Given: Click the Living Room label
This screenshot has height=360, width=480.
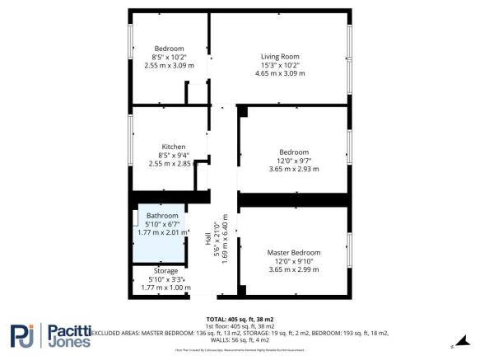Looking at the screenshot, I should (280, 56).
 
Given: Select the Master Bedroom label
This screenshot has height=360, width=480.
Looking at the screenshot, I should (294, 252).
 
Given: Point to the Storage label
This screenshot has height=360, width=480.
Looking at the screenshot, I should (165, 271).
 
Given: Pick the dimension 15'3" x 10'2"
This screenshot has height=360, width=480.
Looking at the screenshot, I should (280, 64).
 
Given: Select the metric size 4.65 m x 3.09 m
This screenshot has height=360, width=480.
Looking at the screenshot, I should (280, 73).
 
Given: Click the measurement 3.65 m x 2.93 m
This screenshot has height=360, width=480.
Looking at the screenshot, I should (294, 169).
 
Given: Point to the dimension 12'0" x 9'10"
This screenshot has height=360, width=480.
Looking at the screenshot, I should (294, 260).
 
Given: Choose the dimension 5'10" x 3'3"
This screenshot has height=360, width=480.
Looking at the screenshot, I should (165, 279).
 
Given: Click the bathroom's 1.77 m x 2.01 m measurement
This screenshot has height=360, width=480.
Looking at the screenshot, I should (162, 232).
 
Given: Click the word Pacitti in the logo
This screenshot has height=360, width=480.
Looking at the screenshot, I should (74, 330).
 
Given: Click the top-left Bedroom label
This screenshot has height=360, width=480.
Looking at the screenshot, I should (170, 48).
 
